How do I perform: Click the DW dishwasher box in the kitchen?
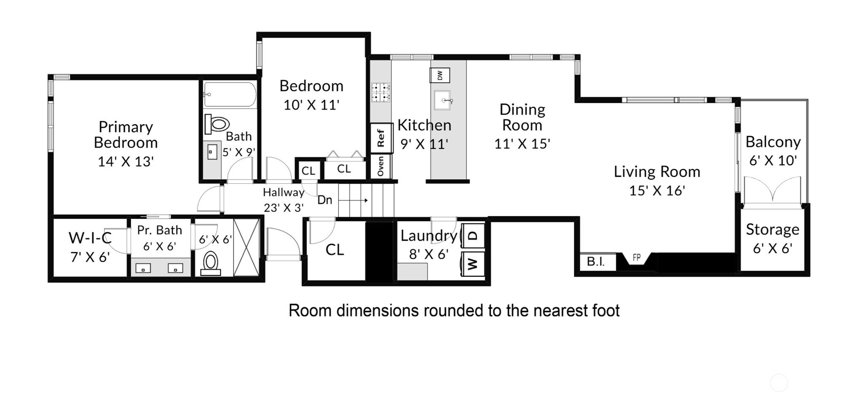[x=440, y=75]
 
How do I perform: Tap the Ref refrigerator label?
[x=381, y=138]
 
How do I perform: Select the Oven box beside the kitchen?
[x=381, y=166]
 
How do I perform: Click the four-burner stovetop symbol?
[x=381, y=93]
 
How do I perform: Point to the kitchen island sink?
[x=442, y=100]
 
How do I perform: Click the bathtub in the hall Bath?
[x=230, y=94]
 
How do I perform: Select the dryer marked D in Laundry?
[x=473, y=235]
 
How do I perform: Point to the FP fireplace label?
[x=637, y=257]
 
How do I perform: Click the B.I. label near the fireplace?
[x=595, y=262]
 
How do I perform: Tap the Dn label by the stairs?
[x=324, y=200]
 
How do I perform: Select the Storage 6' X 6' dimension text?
[x=772, y=248]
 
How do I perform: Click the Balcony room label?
[x=773, y=142]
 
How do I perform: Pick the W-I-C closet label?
[x=90, y=238]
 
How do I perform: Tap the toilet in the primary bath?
[x=210, y=263]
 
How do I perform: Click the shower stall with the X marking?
[x=246, y=247]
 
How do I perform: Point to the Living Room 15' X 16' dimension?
[x=657, y=190]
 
